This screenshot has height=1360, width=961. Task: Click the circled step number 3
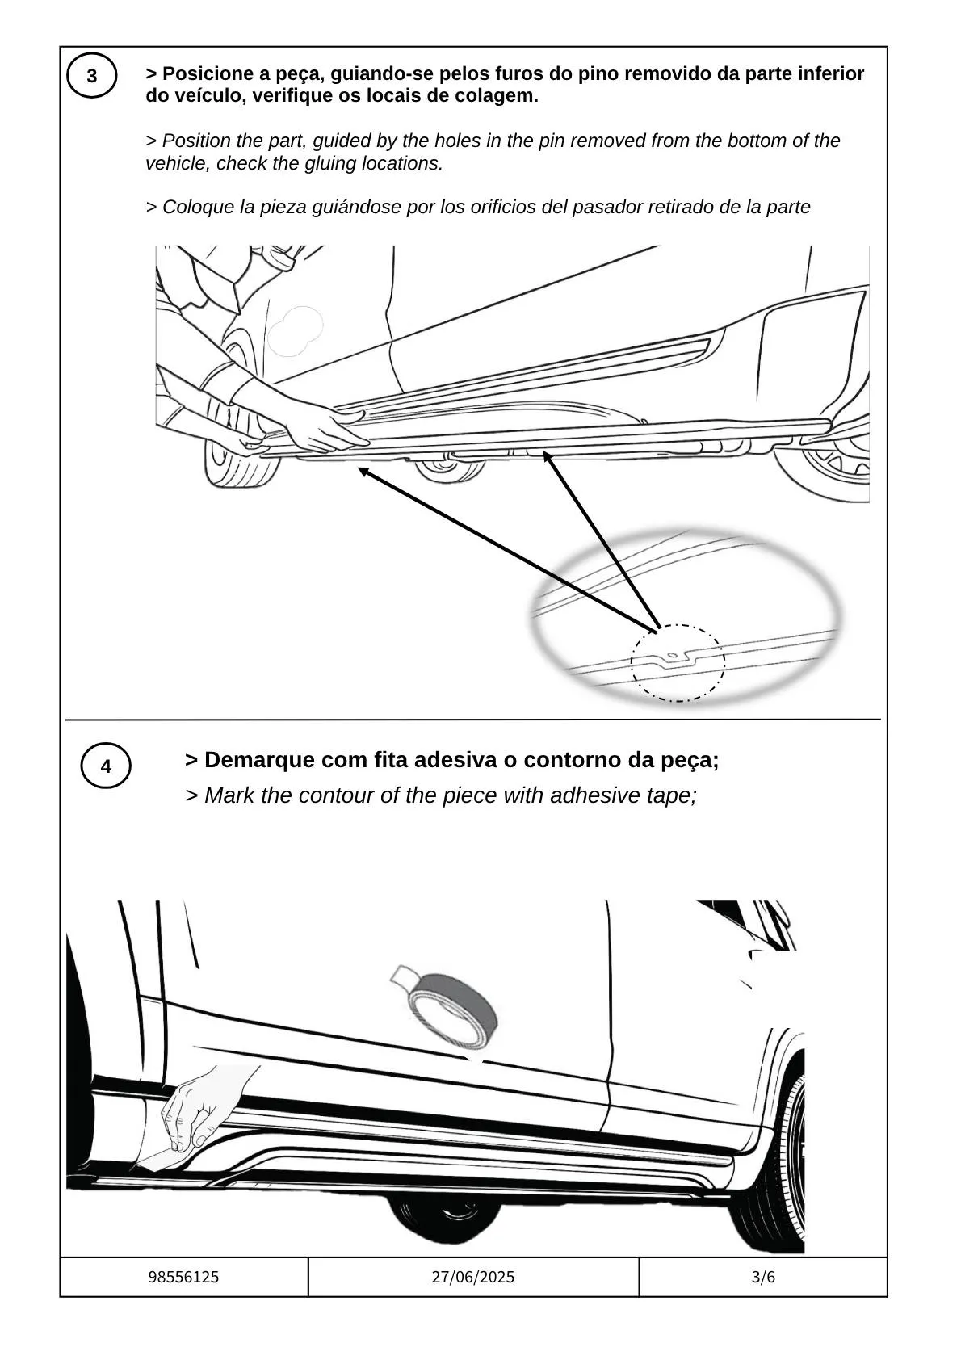pyautogui.click(x=92, y=76)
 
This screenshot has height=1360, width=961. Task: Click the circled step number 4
pyautogui.click(x=106, y=766)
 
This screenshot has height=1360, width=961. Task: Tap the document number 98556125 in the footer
pyautogui.click(x=184, y=1278)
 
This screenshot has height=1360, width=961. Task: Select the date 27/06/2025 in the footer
pyautogui.click(x=473, y=1278)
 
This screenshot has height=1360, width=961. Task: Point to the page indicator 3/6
pyautogui.click(x=763, y=1278)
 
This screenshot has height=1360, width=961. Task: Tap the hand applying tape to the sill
pyautogui.click(x=195, y=1110)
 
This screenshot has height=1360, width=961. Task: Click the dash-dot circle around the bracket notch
pyautogui.click(x=678, y=663)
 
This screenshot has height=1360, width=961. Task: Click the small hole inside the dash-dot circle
pyautogui.click(x=673, y=654)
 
